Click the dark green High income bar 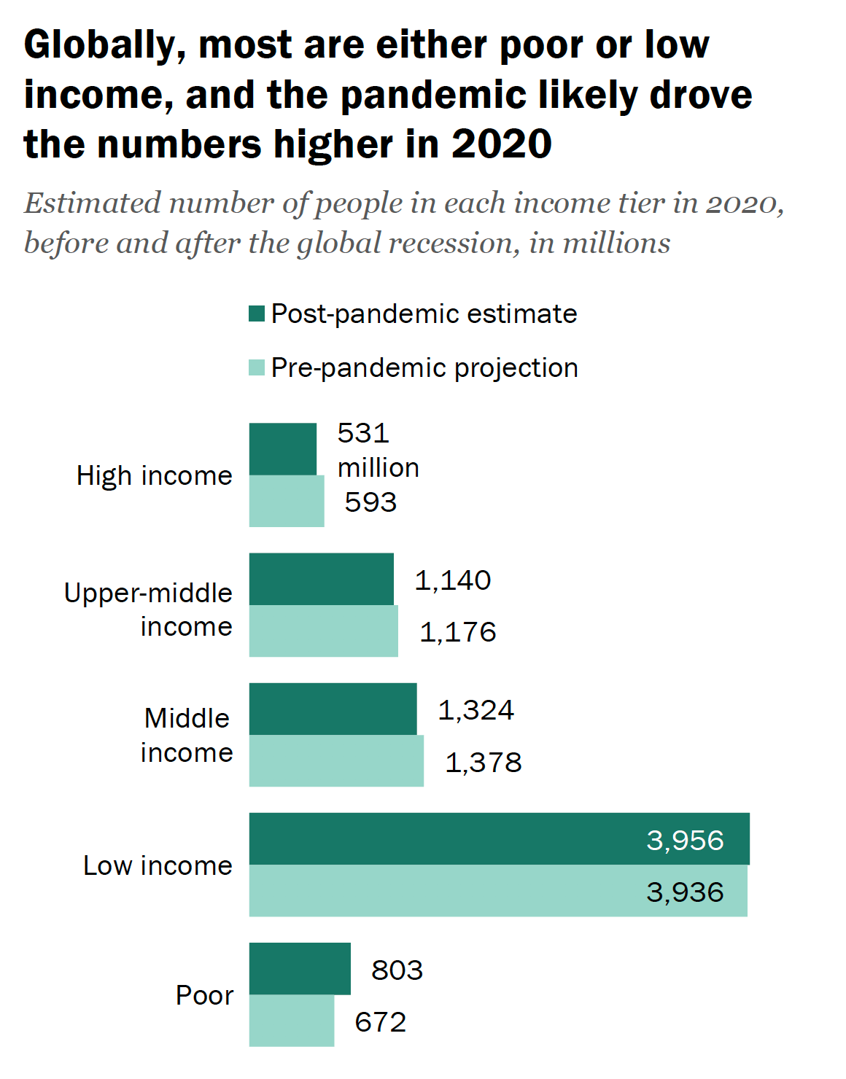click(x=283, y=449)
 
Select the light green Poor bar click(x=292, y=1021)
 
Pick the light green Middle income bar click(x=336, y=760)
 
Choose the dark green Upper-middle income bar click(x=321, y=579)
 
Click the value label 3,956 click(x=685, y=841)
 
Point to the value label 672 click(x=380, y=1022)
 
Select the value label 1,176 click(x=457, y=632)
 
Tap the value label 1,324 click(x=476, y=710)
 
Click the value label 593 click(x=370, y=502)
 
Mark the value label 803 click(x=397, y=970)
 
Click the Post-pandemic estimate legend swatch click(x=257, y=313)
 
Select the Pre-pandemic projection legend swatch click(x=257, y=367)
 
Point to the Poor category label click(x=204, y=995)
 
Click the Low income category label click(x=158, y=865)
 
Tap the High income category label click(x=155, y=475)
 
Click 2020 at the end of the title click(x=502, y=144)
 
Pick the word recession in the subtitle click(x=454, y=244)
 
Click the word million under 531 click(x=378, y=467)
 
